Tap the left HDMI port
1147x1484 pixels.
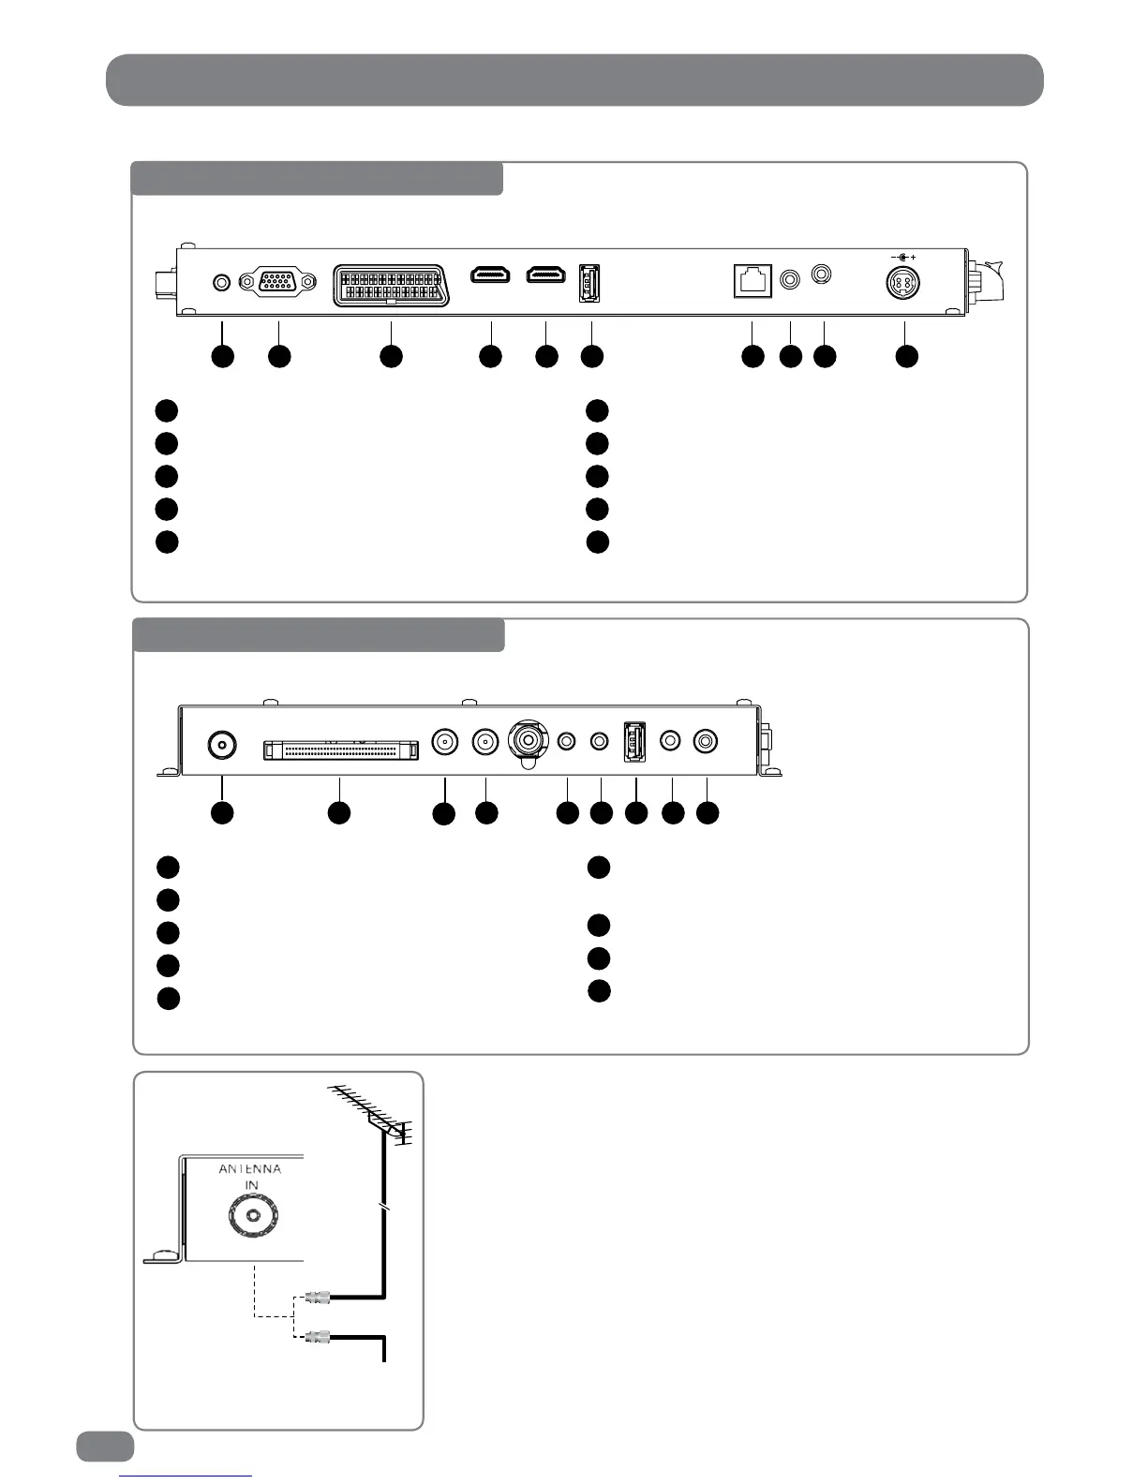(x=490, y=275)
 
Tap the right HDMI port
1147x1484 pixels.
(x=546, y=275)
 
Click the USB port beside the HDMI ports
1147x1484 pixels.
(x=590, y=282)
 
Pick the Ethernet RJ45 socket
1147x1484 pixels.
(x=752, y=280)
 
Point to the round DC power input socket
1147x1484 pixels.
(x=904, y=282)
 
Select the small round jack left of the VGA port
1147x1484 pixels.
(x=222, y=281)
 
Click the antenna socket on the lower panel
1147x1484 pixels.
(x=221, y=746)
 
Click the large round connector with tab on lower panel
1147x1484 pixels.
(x=529, y=741)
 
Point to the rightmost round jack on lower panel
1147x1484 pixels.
(x=706, y=741)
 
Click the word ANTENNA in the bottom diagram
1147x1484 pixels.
(x=249, y=1168)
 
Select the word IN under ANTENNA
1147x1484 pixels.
(x=251, y=1185)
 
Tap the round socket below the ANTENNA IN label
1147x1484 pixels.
(x=251, y=1218)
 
